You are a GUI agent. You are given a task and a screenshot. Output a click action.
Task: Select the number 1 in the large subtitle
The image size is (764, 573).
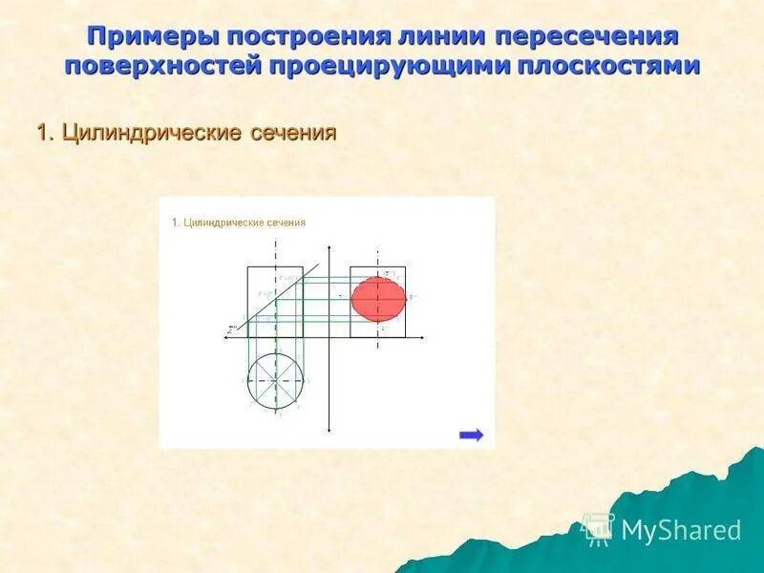[x=43, y=133]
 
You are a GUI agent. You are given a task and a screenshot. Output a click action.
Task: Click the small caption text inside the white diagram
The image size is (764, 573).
[x=239, y=223]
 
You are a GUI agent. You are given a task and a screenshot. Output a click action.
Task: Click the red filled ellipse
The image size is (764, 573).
[x=378, y=298]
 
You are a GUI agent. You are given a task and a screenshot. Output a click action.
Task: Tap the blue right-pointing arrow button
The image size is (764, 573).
[x=471, y=435]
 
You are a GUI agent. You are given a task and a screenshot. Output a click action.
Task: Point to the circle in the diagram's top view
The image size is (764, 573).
[x=278, y=379]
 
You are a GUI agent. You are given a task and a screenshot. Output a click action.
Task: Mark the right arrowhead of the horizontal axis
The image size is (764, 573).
[x=423, y=337]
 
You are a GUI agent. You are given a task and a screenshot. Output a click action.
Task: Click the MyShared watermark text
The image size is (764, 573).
[x=681, y=530]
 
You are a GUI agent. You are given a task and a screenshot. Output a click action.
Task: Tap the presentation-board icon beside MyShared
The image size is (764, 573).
[x=599, y=529]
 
